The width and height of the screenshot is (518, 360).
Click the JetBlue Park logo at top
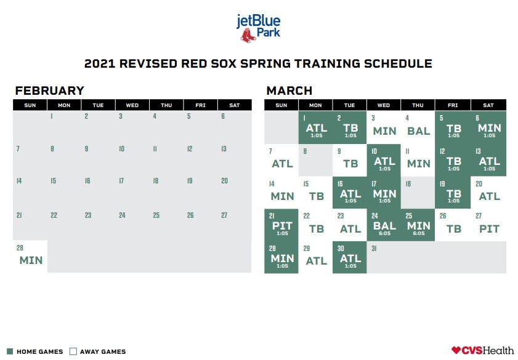pyautogui.click(x=258, y=28)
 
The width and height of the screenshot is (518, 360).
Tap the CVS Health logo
pyautogui.click(x=483, y=350)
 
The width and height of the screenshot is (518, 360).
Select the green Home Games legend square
pyautogui.click(x=10, y=351)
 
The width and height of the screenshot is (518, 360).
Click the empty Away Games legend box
pyautogui.click(x=73, y=351)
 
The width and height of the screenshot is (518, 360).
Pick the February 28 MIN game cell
pyautogui.click(x=30, y=257)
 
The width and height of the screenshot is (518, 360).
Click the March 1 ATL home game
pyautogui.click(x=315, y=127)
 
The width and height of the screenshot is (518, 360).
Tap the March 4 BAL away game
pyautogui.click(x=418, y=127)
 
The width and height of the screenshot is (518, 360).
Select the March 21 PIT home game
pyautogui.click(x=281, y=225)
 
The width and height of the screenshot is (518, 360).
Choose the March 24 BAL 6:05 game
pyautogui.click(x=384, y=225)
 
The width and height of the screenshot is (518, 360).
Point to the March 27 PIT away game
pyautogui.click(x=488, y=225)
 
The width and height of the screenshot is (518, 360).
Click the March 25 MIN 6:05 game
pyautogui.click(x=418, y=225)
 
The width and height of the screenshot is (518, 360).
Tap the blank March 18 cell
pyautogui.click(x=418, y=193)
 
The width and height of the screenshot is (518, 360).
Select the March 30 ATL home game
pyautogui.click(x=349, y=257)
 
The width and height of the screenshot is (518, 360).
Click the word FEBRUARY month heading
pyautogui.click(x=49, y=90)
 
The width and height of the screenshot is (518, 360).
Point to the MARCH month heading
pyautogui.click(x=289, y=90)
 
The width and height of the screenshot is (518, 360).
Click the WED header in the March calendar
pyautogui.click(x=384, y=105)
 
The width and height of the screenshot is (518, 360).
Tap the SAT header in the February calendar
pyautogui.click(x=235, y=105)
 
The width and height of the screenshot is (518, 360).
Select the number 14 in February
pyautogui.click(x=19, y=181)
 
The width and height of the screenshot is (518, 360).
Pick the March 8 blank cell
pyautogui.click(x=315, y=160)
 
